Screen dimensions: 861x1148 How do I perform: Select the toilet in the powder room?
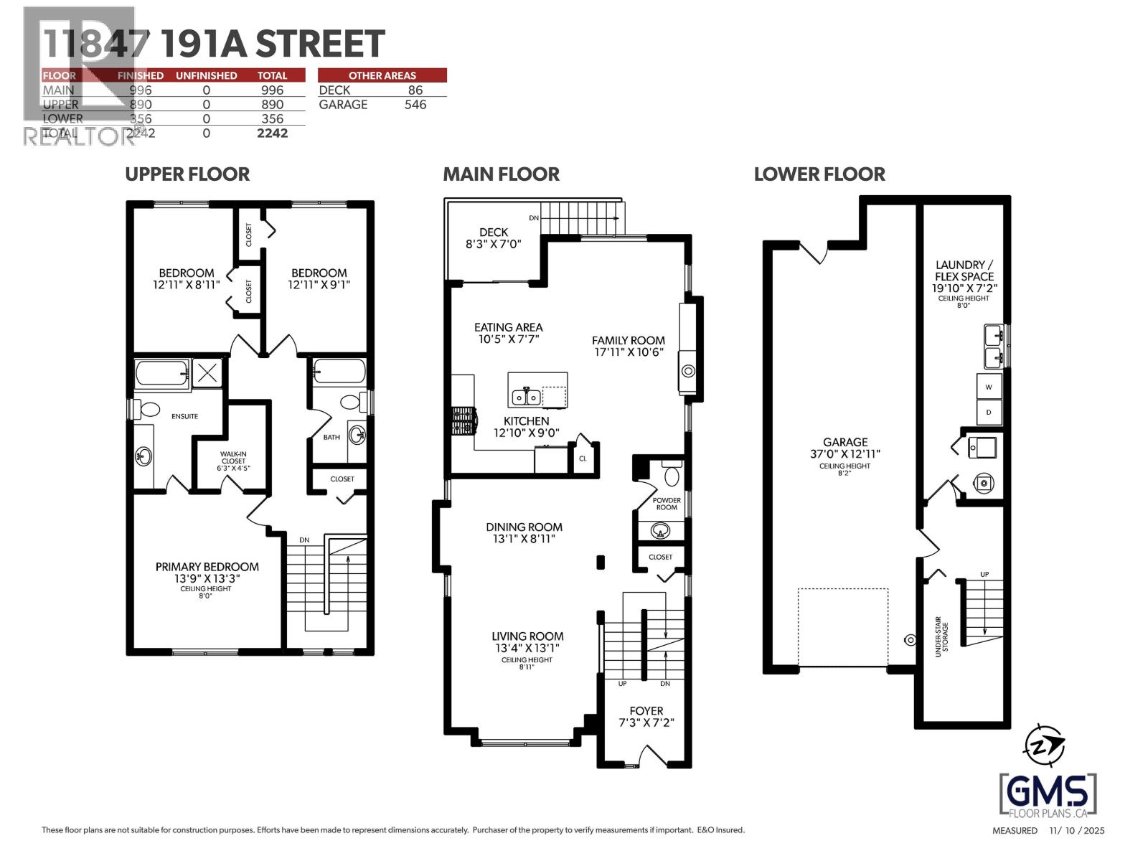coord(672,476)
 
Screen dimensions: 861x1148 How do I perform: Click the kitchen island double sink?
coord(526,396)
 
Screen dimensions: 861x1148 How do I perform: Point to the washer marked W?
coord(989,387)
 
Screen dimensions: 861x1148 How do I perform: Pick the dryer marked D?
coord(989,412)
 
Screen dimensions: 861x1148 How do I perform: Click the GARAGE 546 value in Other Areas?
coord(415,105)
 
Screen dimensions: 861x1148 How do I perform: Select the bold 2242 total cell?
coord(272,133)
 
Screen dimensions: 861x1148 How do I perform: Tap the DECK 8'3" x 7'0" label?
coord(493,237)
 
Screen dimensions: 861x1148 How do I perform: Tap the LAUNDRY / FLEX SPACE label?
coord(964,276)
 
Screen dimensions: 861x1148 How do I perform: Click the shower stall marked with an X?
coord(207,373)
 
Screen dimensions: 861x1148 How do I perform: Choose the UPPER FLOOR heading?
coord(187,174)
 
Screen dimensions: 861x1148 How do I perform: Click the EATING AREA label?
coord(508,333)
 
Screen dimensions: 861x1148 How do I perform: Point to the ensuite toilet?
coord(149,410)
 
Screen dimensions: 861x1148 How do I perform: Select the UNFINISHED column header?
coord(206,75)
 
